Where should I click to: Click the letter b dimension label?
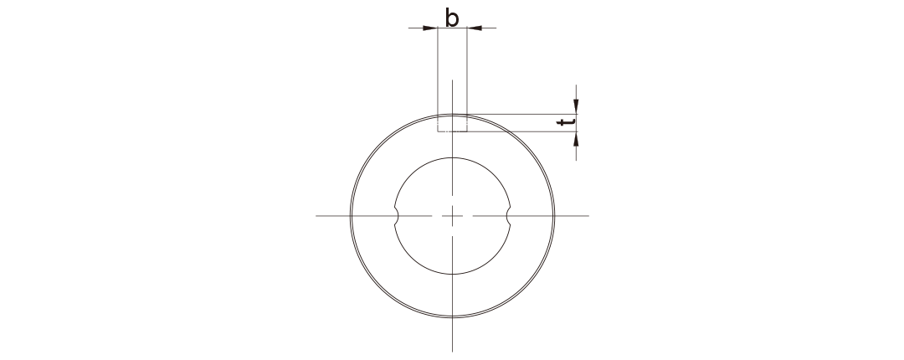[x=452, y=18]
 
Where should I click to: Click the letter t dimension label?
[x=566, y=122]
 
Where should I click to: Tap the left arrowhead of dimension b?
[x=430, y=28]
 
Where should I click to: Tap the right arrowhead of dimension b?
[x=475, y=28]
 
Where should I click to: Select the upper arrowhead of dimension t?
[x=576, y=106]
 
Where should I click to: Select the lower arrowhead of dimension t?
[x=576, y=139]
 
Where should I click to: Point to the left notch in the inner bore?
[x=397, y=216]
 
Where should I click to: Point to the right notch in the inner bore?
[x=509, y=216]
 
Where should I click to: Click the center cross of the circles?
[x=453, y=216]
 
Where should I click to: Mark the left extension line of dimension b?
[x=438, y=80]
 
